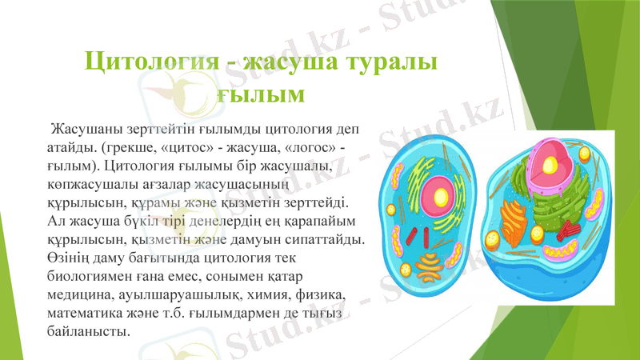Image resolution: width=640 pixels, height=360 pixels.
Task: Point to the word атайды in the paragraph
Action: tap(70, 149)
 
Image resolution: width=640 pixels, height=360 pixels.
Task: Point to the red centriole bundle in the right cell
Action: tap(568, 229)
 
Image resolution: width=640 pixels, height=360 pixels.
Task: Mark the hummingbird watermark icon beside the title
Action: tap(192, 89)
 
